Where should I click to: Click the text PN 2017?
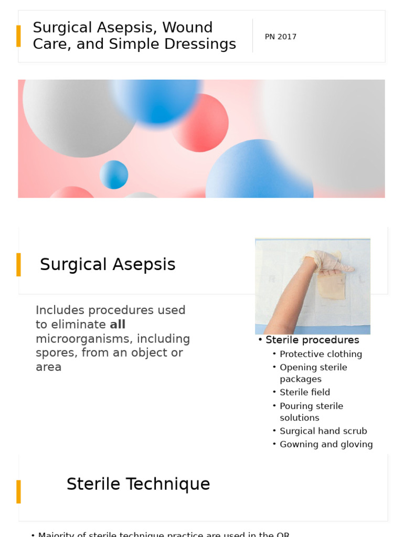[x=280, y=37]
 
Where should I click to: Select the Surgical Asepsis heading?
[x=108, y=264]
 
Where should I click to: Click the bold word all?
[x=118, y=325]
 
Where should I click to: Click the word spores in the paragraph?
[x=57, y=353]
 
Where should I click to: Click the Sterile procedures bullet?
[x=312, y=340]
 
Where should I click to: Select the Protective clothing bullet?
[x=321, y=354]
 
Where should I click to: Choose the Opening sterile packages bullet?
[x=313, y=373]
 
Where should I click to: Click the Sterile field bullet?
[x=305, y=392]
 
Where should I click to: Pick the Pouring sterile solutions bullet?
[x=311, y=412]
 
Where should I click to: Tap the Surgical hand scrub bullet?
[x=323, y=431]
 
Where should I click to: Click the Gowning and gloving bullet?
[x=326, y=444]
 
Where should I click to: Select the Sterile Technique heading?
[x=138, y=484]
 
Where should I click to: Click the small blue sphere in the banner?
[x=114, y=175]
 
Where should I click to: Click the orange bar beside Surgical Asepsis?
[x=19, y=264]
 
